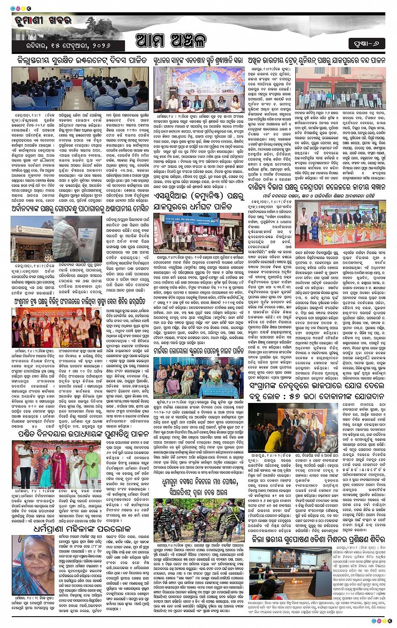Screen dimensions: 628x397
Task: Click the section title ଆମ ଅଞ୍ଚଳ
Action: click(x=172, y=41)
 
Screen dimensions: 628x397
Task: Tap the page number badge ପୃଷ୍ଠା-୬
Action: click(x=366, y=43)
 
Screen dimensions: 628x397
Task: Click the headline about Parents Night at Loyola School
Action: click(x=198, y=350)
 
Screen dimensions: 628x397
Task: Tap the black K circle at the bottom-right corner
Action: click(x=390, y=621)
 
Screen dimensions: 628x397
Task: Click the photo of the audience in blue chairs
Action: click(x=79, y=89)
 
